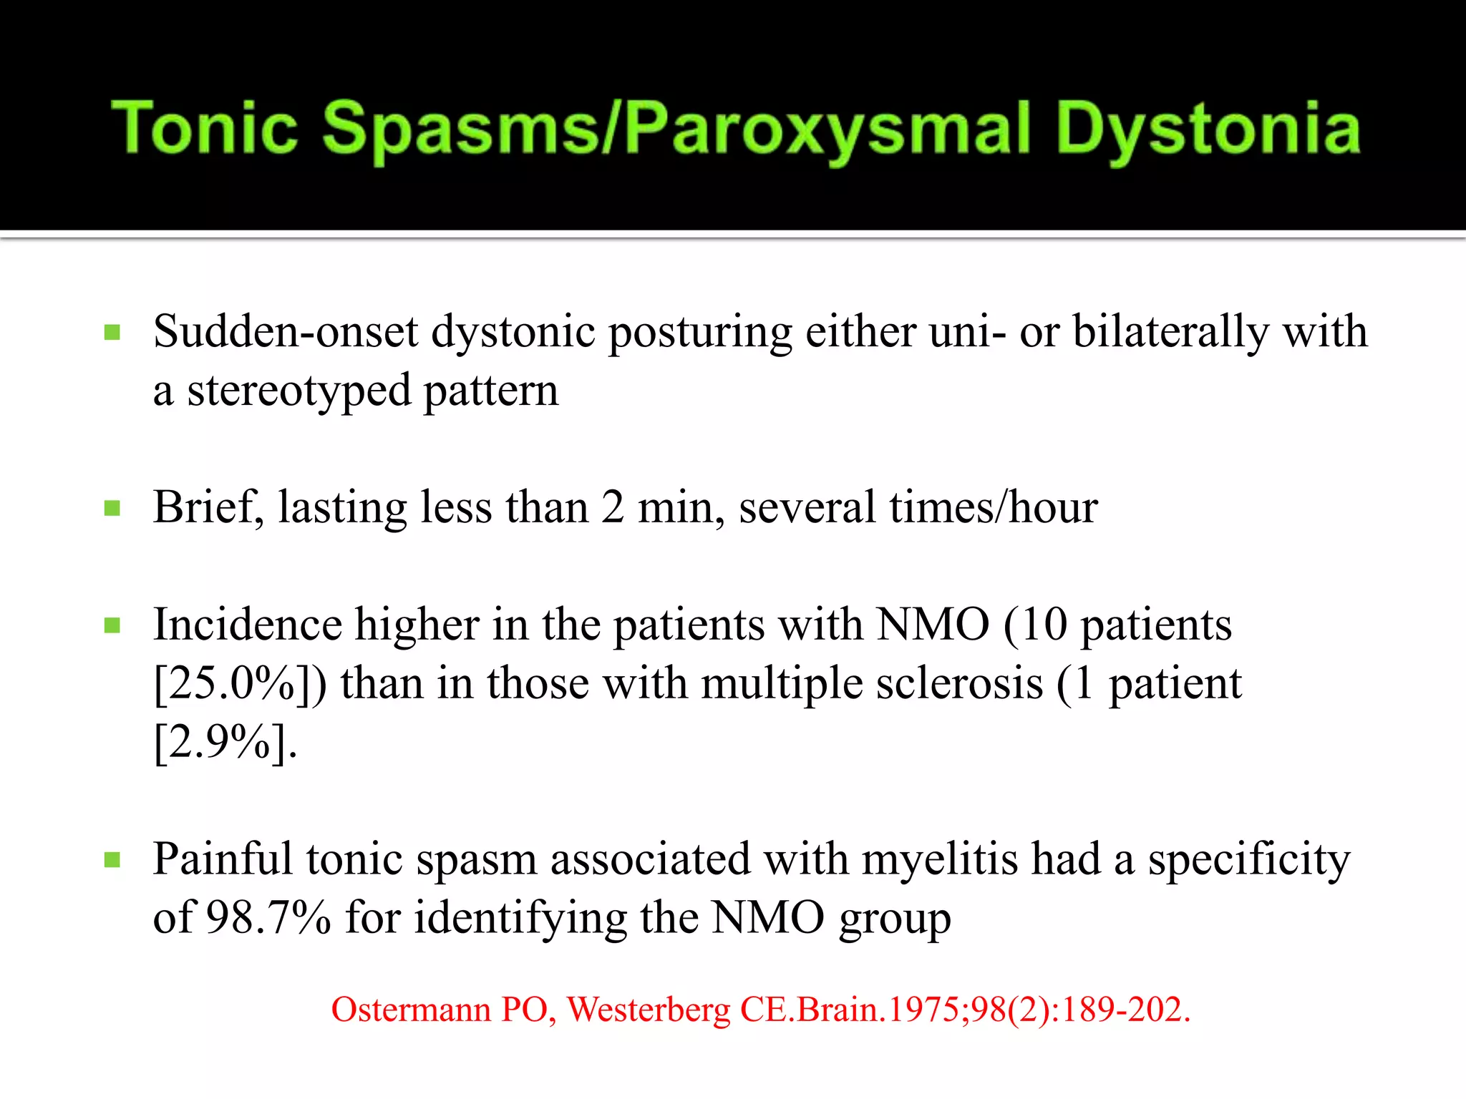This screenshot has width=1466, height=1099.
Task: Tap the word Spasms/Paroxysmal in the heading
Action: pos(676,129)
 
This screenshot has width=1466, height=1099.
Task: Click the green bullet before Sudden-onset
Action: pos(112,333)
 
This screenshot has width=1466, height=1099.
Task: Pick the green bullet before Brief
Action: pos(112,509)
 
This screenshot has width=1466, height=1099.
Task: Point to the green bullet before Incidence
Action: pos(112,626)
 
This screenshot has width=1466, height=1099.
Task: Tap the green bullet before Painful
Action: pos(112,860)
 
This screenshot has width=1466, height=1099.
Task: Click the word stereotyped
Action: pos(298,392)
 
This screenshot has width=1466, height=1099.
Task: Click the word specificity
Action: pos(1249,859)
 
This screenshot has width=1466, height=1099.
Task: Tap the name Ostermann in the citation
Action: pos(411,1010)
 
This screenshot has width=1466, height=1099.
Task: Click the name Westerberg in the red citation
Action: pos(649,1010)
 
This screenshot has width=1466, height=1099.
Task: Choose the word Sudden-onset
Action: pos(285,332)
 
